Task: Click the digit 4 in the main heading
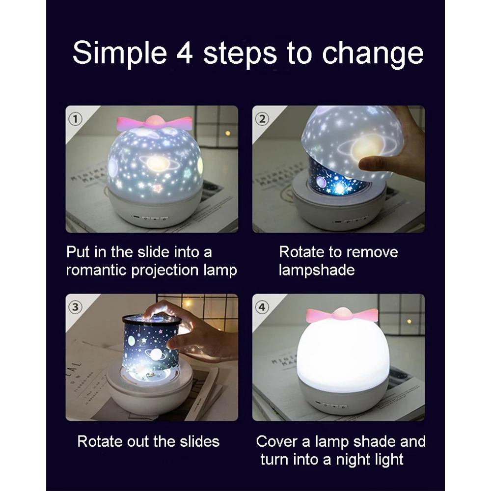185,53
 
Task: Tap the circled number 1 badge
75,119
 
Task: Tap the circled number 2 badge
262,119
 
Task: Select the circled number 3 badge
75,307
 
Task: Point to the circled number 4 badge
262,307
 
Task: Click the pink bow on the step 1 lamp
154,123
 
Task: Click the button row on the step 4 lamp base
330,406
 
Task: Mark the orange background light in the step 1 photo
228,134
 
